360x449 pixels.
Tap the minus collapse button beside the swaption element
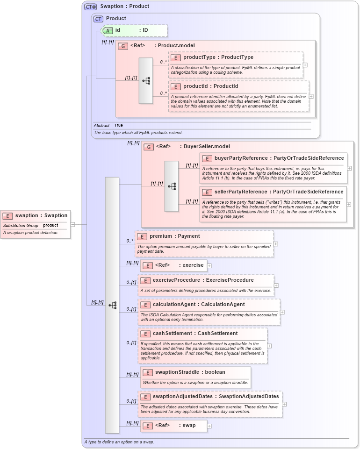coord(72,224)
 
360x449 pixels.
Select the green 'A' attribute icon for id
coord(108,30)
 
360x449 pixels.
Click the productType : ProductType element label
coord(218,57)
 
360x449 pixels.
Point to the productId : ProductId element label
coord(210,86)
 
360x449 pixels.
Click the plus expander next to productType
coord(305,65)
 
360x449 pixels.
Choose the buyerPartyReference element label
coord(279,158)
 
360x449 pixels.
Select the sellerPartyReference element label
coord(279,192)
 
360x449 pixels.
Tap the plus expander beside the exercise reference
coord(209,265)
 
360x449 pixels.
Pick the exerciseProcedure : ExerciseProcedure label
coord(203,280)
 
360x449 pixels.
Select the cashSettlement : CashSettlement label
coord(195,334)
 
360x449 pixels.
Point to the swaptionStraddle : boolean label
coord(190,372)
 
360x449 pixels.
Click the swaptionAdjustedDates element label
coord(216,397)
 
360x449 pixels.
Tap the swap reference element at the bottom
coord(175,426)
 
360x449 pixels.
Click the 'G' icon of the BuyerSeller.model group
coord(148,147)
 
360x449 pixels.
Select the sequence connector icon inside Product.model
coord(146,80)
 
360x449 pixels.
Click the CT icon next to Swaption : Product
coord(90,7)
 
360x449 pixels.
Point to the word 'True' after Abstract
coord(118,125)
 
